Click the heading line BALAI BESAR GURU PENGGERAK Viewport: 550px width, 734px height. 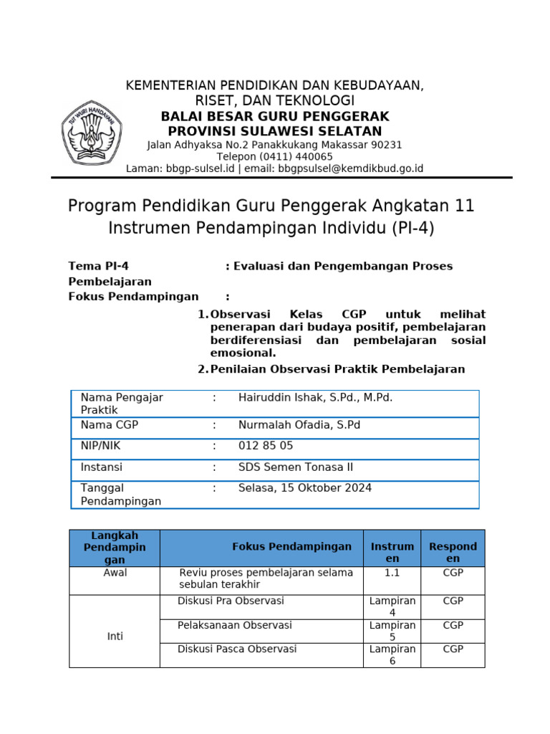(x=274, y=116)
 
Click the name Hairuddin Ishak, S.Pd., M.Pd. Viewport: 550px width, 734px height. (x=315, y=397)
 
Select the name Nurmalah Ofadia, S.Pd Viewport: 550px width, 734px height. (x=299, y=424)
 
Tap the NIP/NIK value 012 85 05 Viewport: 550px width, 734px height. (x=266, y=445)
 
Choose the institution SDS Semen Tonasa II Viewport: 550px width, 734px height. (x=295, y=467)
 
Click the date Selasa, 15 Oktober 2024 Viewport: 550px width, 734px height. (x=304, y=487)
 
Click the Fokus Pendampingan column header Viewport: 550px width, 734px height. (x=291, y=546)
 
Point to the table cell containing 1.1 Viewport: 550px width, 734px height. (x=392, y=573)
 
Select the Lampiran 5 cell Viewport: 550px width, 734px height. (x=392, y=631)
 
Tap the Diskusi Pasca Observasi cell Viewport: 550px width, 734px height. (x=237, y=649)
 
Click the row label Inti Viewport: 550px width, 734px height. (x=115, y=636)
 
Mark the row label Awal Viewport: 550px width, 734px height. (x=115, y=573)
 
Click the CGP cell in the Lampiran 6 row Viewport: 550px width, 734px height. (x=453, y=649)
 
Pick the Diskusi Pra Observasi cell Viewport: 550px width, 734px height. (x=231, y=601)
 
